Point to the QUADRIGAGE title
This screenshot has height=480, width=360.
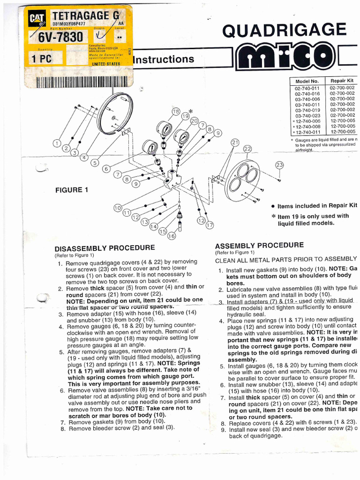pos(285,30)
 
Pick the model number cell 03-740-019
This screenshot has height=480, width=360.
pos(307,110)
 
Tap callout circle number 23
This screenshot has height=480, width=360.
pos(279,165)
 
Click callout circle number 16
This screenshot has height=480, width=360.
pos(172,236)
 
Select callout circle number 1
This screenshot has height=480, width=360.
pos(57,143)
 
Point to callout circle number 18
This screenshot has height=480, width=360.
pos(176,112)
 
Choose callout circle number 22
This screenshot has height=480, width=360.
pos(247,149)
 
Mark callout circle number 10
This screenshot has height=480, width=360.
pos(117,208)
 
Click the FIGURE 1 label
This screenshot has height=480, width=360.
pos(72,190)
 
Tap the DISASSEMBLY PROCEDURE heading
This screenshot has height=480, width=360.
pos(105,248)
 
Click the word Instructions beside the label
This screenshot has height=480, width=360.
pos(164,59)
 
